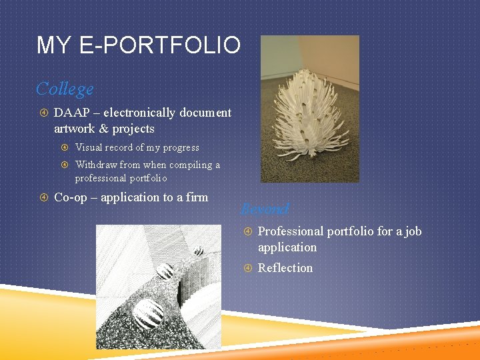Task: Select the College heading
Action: coord(65,88)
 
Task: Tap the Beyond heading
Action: coord(265,209)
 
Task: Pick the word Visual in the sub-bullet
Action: coord(89,147)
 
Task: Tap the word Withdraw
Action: coord(96,165)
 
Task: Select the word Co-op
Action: coord(70,197)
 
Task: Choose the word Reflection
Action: coord(285,268)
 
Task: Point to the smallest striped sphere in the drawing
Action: coord(199,251)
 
